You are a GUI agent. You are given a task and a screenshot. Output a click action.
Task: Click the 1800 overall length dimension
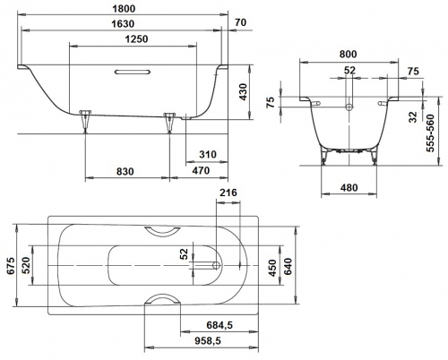pos(124,9)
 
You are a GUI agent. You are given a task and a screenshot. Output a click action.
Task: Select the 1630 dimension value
pos(123,24)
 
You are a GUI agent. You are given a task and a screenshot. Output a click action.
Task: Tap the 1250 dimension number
pos(136,39)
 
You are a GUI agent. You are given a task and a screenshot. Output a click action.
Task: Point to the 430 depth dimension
pos(243,92)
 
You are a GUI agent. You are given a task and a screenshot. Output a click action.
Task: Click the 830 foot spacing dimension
pos(125,172)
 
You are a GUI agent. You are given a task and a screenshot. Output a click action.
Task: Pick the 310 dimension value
pos(208,154)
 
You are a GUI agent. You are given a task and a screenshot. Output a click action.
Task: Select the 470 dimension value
pos(201,170)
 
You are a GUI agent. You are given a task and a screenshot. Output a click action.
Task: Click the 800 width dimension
pos(348,55)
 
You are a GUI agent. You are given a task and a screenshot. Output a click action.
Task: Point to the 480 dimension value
pos(349,188)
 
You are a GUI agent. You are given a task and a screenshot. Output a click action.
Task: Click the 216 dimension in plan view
pos(228,193)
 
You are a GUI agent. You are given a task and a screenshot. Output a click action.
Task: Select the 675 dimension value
pos(11,265)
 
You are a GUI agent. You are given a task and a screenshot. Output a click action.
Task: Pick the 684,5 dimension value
pos(220,325)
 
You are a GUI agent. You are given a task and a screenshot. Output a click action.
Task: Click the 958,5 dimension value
pos(208,340)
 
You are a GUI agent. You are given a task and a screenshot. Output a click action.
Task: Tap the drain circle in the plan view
pos(216,265)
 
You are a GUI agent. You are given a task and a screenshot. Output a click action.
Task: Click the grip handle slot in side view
pos(133,72)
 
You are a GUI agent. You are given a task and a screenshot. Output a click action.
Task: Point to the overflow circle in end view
pos(349,107)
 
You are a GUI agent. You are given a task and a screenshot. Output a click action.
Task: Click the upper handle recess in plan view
pos(162,231)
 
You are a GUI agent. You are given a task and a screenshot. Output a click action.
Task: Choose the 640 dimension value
pos(288,267)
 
